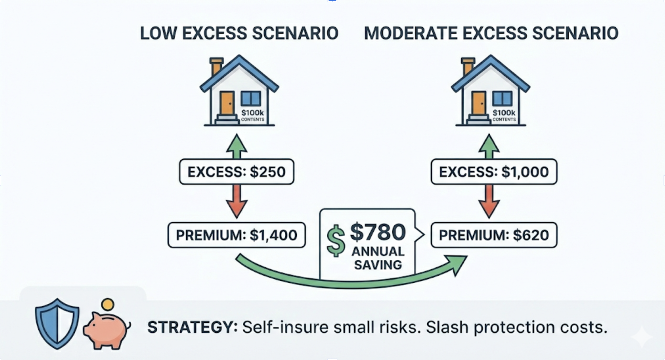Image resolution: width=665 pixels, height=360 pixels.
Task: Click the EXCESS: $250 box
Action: coord(236,172)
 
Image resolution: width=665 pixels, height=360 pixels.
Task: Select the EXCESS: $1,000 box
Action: coord(494,172)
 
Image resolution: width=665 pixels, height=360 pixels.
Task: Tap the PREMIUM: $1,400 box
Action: coord(236,235)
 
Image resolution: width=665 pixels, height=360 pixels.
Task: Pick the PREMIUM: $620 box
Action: coord(494,235)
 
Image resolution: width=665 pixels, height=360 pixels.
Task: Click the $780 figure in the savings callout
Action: coord(378,232)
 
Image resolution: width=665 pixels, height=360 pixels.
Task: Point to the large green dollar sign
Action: coord(336,241)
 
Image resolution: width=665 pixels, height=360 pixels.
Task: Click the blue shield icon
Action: coord(57,323)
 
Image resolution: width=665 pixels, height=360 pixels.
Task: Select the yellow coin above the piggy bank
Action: coord(108,304)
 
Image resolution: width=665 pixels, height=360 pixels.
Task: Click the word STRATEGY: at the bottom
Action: coord(192,327)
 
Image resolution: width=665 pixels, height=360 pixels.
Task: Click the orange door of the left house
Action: coord(227,103)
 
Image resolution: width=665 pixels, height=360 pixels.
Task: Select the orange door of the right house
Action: coord(479,103)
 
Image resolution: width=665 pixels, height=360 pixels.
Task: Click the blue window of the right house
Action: coord(502,98)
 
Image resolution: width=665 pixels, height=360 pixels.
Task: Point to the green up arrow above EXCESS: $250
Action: coord(236,147)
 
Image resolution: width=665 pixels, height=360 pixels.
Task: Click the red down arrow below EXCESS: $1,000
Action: coord(489,201)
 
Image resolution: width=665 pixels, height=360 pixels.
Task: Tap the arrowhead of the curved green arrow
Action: coord(458,264)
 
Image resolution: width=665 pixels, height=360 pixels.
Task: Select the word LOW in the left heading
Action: coord(157,33)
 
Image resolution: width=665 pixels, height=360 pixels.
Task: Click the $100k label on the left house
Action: coord(252,113)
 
